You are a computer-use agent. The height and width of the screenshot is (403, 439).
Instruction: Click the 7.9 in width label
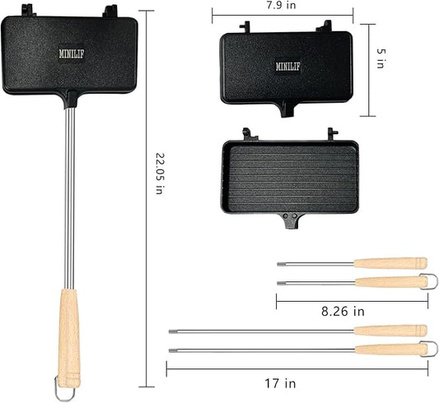tap(281, 5)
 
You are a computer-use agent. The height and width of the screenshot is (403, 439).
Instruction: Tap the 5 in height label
tap(381, 58)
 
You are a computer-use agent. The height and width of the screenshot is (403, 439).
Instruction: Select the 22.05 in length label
tap(160, 174)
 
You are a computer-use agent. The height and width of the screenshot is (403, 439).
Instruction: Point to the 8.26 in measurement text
tap(343, 312)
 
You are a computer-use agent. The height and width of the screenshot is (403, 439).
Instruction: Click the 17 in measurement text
tap(280, 383)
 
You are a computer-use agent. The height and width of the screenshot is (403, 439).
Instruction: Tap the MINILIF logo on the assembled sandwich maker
tap(72, 53)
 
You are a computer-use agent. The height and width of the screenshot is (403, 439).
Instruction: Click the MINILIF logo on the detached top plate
tap(287, 67)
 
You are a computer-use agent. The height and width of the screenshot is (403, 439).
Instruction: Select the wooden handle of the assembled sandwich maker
tap(69, 338)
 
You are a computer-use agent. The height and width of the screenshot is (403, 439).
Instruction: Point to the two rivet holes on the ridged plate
tap(290, 216)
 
